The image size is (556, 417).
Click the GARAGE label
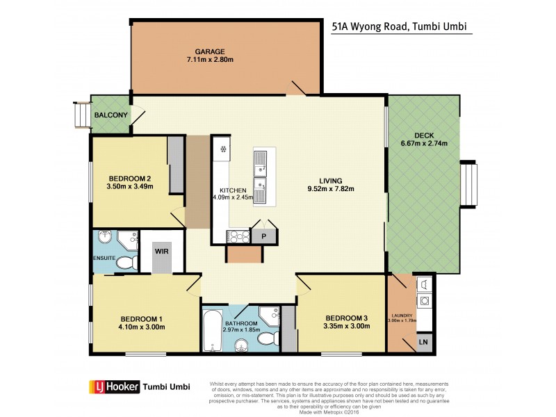209,51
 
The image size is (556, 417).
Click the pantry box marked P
264,236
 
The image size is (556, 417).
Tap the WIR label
162,251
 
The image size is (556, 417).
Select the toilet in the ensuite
126,263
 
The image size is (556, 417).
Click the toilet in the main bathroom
266,339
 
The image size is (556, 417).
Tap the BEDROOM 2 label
129,178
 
